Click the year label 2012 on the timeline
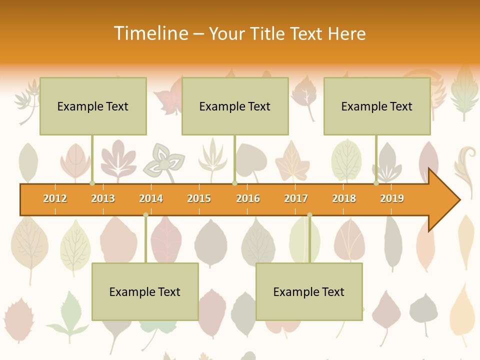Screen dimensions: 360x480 pyautogui.click(x=55, y=198)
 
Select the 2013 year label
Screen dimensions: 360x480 pyautogui.click(x=103, y=198)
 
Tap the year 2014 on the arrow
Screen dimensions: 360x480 pyautogui.click(x=151, y=198)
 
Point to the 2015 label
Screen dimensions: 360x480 pyautogui.click(x=199, y=198)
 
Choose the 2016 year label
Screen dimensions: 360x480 pyautogui.click(x=248, y=198)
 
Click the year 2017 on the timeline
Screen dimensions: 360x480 pyautogui.click(x=296, y=198)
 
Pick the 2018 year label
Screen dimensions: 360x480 pyautogui.click(x=344, y=198)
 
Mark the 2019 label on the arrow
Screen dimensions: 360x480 pyautogui.click(x=392, y=198)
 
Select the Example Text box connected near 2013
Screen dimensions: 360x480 pyautogui.click(x=93, y=106)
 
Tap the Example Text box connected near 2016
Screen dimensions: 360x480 pyautogui.click(x=235, y=106)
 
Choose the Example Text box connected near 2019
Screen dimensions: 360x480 pyautogui.click(x=377, y=106)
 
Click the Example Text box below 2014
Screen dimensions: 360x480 pyautogui.click(x=145, y=291)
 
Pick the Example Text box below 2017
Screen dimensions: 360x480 pyautogui.click(x=309, y=291)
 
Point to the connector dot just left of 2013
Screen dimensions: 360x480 pyautogui.click(x=92, y=183)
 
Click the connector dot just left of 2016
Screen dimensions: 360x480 pyautogui.click(x=234, y=183)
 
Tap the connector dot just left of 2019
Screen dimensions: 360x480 pyautogui.click(x=376, y=183)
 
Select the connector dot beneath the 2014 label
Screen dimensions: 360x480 pyautogui.click(x=145, y=214)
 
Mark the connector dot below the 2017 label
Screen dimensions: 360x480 pyautogui.click(x=309, y=214)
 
